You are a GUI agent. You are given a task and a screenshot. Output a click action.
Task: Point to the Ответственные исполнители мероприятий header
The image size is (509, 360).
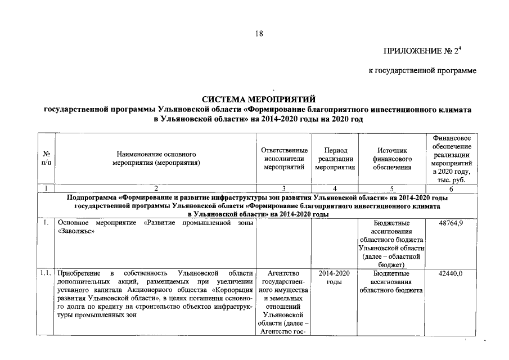[284, 159]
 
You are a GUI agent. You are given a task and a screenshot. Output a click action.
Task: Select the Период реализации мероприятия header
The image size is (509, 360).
[335, 159]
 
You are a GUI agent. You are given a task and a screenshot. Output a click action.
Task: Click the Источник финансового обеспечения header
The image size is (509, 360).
[391, 159]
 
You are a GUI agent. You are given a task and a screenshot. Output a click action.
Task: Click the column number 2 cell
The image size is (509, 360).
[156, 188]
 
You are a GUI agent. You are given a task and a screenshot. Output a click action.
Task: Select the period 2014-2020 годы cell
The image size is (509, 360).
[335, 277]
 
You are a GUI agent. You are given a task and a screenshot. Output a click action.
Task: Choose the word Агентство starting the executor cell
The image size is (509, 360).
[284, 273]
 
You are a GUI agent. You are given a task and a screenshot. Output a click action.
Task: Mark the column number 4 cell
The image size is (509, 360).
[335, 188]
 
